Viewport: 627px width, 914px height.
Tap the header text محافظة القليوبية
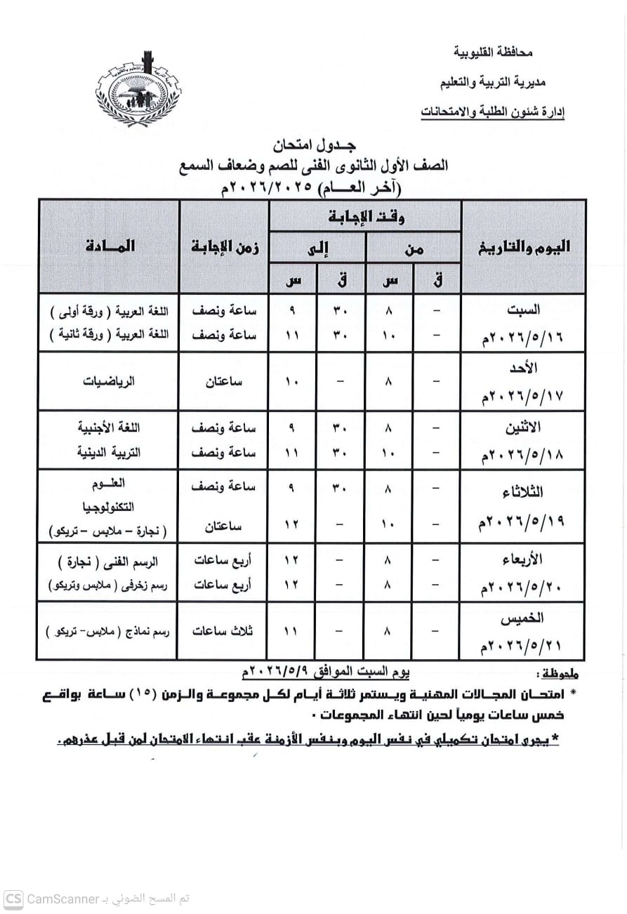(494, 53)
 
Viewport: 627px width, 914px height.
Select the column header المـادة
(110, 246)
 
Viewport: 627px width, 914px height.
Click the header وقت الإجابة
(366, 217)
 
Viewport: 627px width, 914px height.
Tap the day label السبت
(524, 310)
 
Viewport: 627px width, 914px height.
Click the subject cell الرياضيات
(110, 382)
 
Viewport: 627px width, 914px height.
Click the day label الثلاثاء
(523, 491)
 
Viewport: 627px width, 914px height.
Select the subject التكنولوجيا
(109, 507)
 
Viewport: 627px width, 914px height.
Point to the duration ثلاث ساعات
(223, 631)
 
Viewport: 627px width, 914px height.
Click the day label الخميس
(523, 619)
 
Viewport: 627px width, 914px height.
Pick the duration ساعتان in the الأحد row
(225, 382)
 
